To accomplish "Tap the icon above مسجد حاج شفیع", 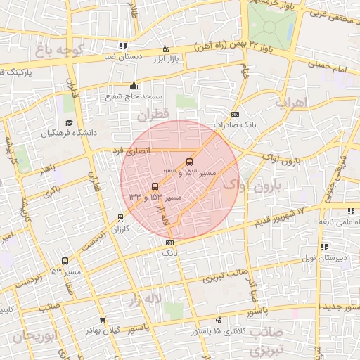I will pos(134,86).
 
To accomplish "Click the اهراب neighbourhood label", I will pos(292,103).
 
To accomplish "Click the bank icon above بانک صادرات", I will pos(235,115).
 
